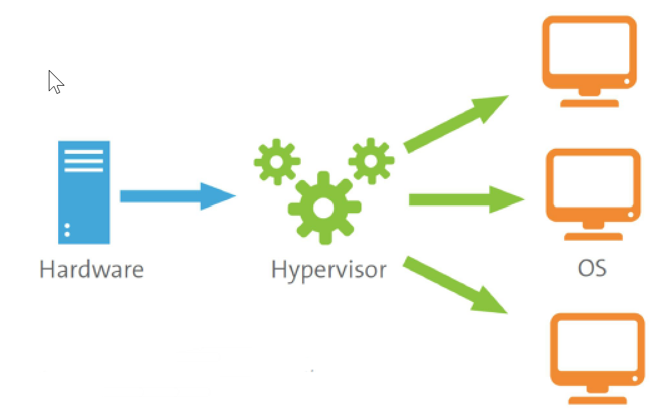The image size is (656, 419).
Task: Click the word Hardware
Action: coord(91,270)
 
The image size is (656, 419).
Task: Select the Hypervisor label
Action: coord(329,270)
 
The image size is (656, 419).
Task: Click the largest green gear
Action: coord(323,208)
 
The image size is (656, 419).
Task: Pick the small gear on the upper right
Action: coord(371,160)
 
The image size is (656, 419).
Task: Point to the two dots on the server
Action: coord(67,230)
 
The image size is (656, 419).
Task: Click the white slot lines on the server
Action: coord(84,161)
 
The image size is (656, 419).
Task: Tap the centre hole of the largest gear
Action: coord(323,208)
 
